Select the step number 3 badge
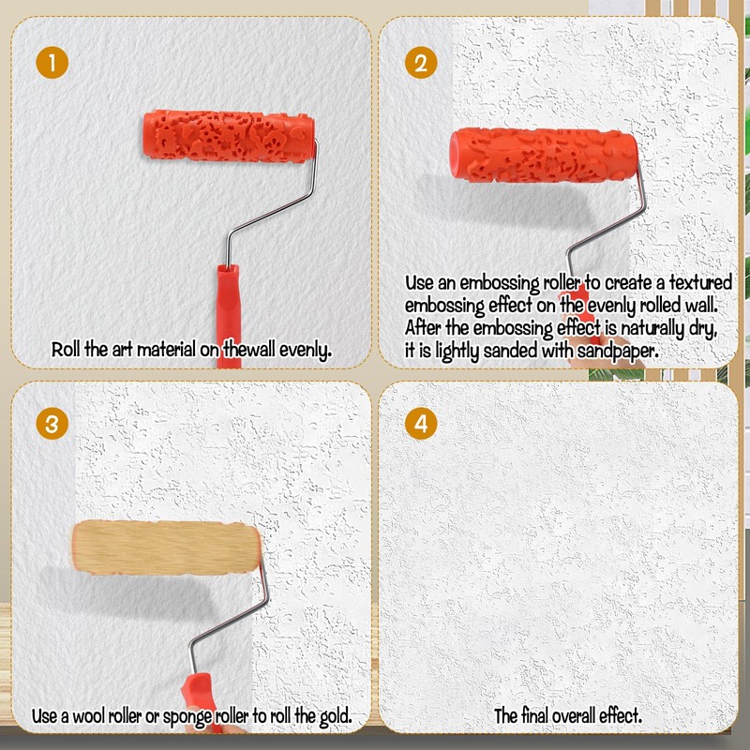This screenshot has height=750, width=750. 53,423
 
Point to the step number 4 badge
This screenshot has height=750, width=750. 421,423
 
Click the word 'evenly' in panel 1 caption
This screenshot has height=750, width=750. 299,352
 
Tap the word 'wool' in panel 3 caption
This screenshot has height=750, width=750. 90,716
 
